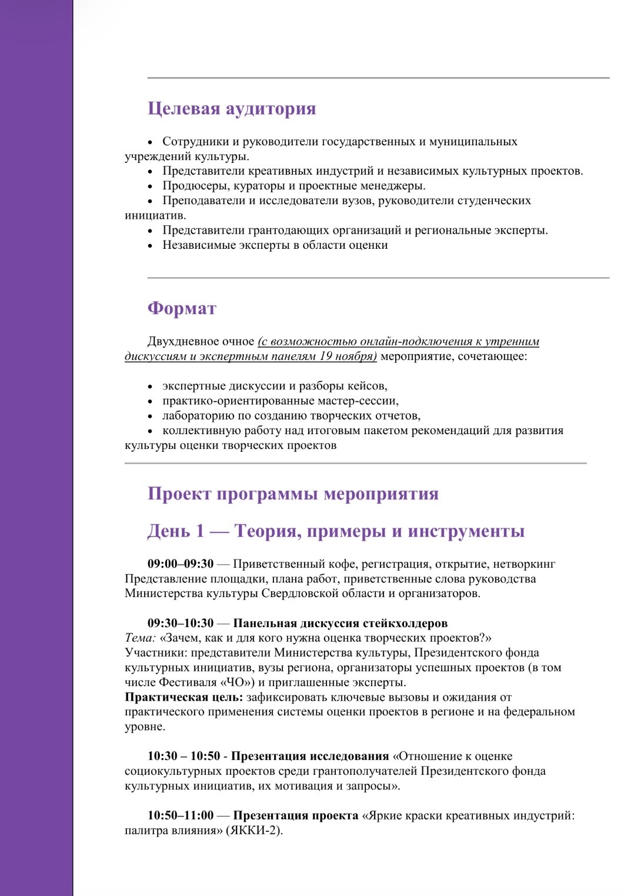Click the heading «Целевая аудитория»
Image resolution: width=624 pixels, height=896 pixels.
[231, 109]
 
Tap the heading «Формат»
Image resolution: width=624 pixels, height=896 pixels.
[182, 308]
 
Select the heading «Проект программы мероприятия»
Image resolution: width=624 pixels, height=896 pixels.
[293, 494]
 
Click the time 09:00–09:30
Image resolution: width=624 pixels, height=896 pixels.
[181, 564]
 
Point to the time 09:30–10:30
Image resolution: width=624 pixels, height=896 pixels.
[181, 624]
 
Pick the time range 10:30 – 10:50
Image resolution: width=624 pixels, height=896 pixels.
[183, 757]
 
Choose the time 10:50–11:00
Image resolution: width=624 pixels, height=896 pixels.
[181, 816]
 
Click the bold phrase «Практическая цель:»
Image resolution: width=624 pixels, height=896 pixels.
[183, 698]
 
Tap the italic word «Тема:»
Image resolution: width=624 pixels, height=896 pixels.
[140, 638]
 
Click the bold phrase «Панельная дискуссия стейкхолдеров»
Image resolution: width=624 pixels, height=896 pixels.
[340, 624]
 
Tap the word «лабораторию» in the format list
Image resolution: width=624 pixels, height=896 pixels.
[198, 416]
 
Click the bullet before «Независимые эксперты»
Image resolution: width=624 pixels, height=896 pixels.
[150, 246]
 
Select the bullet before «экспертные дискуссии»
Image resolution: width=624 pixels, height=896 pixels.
[150, 387]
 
